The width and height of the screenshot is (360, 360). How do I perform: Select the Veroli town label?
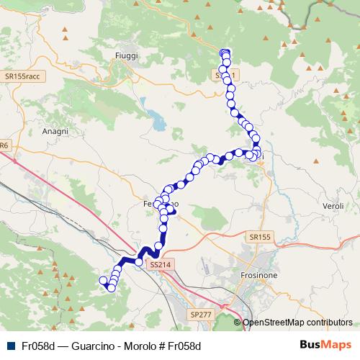[x=333, y=207]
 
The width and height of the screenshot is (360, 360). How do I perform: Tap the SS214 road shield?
[x=160, y=266]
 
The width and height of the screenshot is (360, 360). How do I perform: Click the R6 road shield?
[x=4, y=145]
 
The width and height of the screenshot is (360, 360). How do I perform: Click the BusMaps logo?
[x=325, y=345]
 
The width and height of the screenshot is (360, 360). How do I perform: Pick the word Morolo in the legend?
[x=137, y=346]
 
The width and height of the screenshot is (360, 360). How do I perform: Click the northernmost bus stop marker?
[x=225, y=53]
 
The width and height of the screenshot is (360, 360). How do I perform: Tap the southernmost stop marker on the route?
[x=112, y=287]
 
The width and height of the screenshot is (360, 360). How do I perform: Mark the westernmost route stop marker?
[x=103, y=280]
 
